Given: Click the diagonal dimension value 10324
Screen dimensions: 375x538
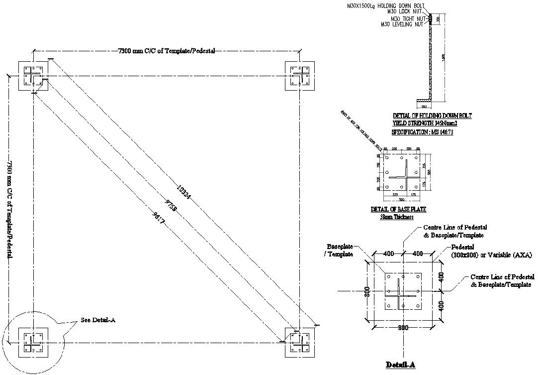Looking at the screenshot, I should point(183,193).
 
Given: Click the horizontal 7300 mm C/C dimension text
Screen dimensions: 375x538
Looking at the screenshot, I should point(167,50).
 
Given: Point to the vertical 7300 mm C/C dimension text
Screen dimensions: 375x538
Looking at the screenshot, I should point(9,209).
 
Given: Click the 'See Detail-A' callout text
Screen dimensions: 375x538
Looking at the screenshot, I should point(98,320).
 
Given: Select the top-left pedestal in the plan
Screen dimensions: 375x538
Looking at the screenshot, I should point(33,76).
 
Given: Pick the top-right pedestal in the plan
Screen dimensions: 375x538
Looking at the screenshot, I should point(300,76).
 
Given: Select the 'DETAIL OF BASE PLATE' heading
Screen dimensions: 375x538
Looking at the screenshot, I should point(399,210).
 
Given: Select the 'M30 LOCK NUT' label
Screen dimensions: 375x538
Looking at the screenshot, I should point(406,11).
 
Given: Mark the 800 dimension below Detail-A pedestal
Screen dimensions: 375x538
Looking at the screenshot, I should point(403,328).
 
